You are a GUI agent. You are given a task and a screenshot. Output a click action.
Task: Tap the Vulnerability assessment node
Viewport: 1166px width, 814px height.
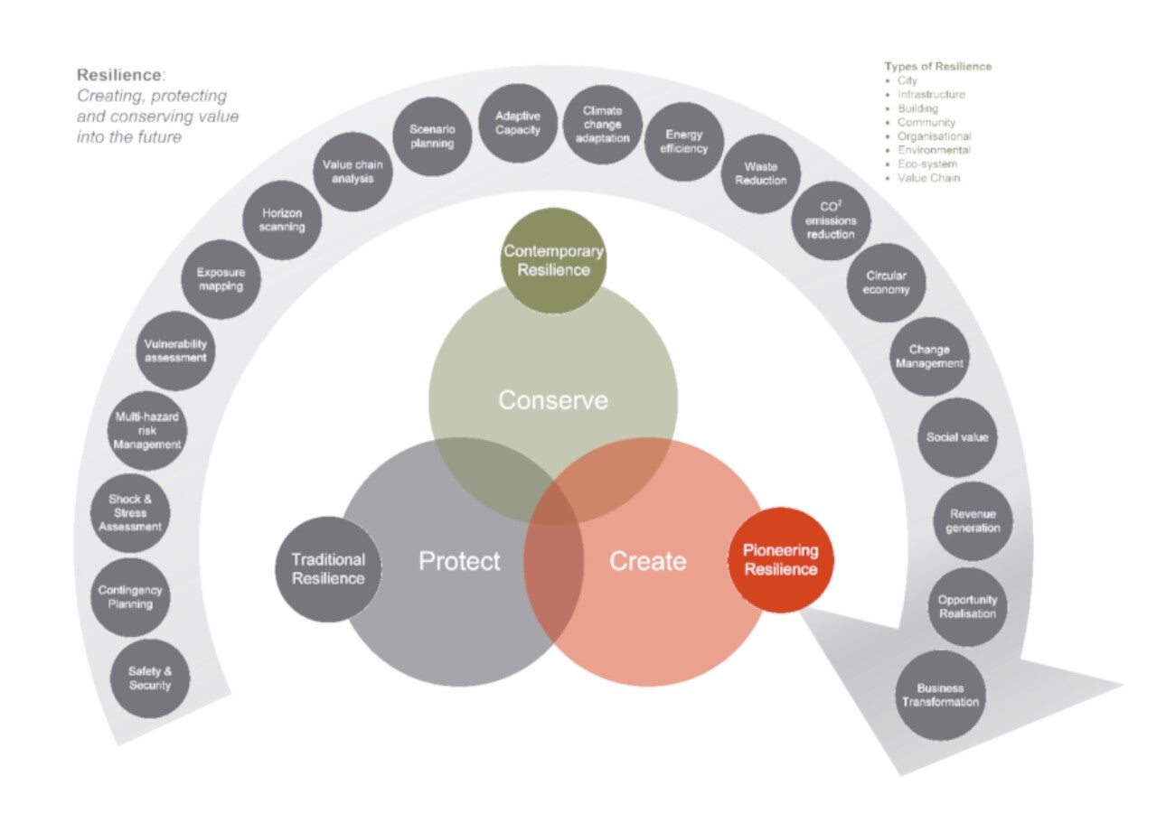[175, 351]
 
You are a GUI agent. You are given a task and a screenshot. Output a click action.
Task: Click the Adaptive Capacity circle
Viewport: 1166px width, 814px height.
[517, 123]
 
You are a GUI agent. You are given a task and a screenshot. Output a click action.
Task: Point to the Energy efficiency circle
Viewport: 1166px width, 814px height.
[684, 142]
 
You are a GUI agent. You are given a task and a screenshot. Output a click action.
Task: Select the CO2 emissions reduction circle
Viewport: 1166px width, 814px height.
[831, 220]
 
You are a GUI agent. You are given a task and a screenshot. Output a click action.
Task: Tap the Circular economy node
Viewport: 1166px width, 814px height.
[886, 283]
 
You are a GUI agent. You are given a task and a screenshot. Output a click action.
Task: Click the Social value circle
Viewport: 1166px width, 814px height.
[957, 437]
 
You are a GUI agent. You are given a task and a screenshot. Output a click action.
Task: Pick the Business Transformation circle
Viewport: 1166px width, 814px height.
[940, 695]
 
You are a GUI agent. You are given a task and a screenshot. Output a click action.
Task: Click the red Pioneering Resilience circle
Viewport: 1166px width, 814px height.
[780, 560]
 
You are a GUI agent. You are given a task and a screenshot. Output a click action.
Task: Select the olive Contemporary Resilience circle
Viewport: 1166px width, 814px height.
[553, 261]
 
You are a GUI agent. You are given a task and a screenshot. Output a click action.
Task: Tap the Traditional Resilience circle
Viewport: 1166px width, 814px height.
[328, 569]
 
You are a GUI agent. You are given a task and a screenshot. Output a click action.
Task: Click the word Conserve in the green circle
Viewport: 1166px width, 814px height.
[553, 400]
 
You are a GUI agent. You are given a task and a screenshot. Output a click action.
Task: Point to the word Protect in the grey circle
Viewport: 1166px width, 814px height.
[459, 561]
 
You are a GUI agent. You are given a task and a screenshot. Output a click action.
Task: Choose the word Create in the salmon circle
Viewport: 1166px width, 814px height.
[647, 561]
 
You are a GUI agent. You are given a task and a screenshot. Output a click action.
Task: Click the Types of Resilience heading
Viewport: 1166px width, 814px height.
[937, 66]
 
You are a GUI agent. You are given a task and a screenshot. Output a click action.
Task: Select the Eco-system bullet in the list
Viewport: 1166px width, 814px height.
[926, 164]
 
